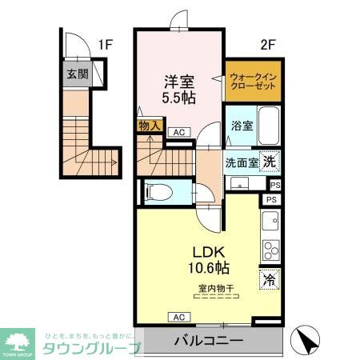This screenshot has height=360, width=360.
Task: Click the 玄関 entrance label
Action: [x=77, y=75]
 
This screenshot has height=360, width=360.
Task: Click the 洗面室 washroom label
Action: [x=241, y=161]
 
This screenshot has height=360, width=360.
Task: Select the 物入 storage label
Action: [x=150, y=126]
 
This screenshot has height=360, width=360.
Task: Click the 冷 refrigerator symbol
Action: [x=270, y=280]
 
